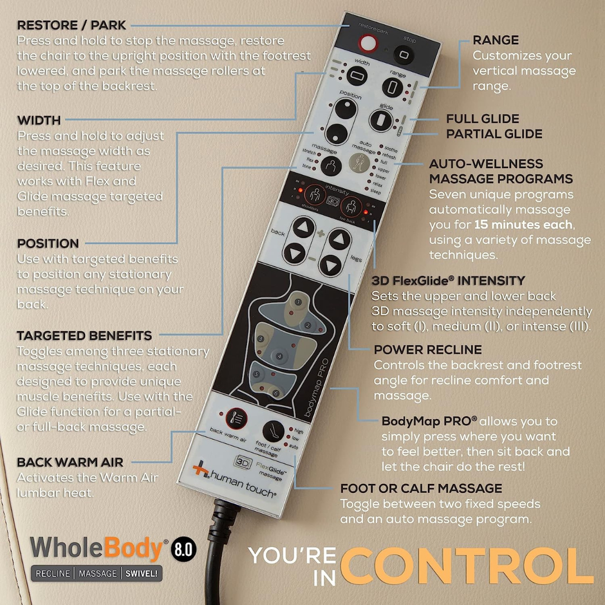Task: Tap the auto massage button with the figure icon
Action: click(x=359, y=162)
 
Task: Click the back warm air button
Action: click(x=235, y=417)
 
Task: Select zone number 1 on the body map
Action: click(x=297, y=302)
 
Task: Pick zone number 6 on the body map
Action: click(x=276, y=393)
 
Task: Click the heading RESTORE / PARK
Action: click(x=72, y=25)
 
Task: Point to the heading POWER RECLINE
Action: click(x=428, y=350)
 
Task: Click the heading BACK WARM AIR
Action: click(x=70, y=463)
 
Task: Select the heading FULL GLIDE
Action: click(x=482, y=119)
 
